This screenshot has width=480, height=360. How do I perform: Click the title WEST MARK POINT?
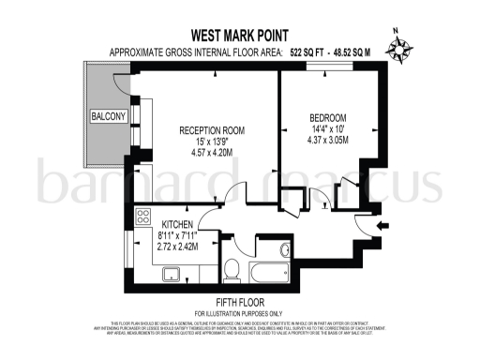tap(239, 32)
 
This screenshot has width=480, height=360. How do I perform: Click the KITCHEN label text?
tap(177, 226)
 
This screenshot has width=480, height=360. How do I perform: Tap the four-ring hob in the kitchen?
tap(143, 217)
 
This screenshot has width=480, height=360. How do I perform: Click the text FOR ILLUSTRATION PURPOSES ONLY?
tap(239, 312)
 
